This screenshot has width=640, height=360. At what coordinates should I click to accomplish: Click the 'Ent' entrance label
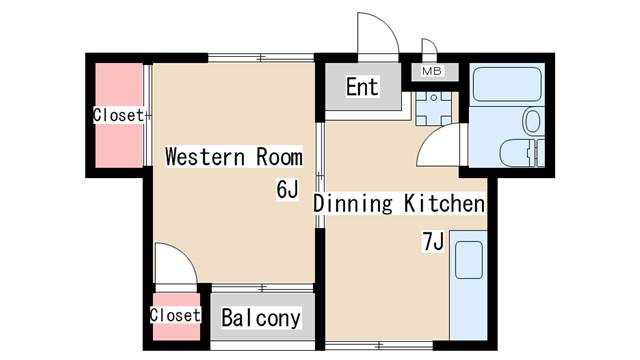coord(362,87)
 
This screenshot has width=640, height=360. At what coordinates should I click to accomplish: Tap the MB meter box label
coord(432,71)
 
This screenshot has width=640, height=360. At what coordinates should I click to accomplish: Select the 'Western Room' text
coord(234,157)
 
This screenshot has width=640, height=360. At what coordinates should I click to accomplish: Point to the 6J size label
coord(287,189)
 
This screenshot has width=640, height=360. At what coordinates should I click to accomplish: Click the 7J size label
coord(433,242)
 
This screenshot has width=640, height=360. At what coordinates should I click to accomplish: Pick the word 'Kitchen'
coord(444,203)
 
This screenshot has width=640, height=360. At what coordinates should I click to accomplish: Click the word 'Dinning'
coord(353,204)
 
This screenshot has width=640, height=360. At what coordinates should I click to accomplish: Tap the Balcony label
coord(261,318)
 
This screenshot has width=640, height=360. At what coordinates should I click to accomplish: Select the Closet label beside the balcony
coord(175,315)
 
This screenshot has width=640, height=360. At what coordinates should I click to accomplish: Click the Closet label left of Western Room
coord(118,115)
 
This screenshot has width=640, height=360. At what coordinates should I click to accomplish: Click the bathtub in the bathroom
coord(506,84)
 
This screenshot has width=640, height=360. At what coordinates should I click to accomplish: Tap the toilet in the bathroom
coord(532,120)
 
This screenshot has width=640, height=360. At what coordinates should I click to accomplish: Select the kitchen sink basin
coord(469,260)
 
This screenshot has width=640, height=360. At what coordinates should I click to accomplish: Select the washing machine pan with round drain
coord(434,109)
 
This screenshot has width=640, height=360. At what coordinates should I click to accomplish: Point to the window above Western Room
coord(261,58)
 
